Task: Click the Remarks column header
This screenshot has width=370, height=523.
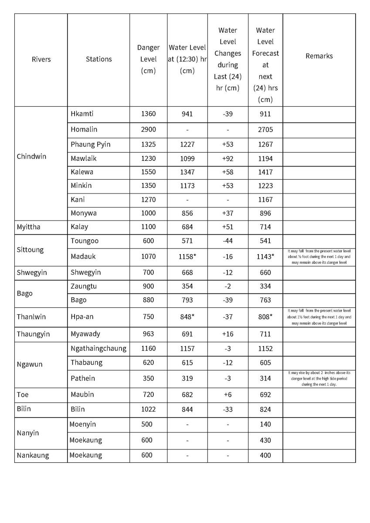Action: (319, 56)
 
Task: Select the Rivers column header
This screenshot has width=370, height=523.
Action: (41, 59)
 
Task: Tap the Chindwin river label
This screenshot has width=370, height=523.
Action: (31, 156)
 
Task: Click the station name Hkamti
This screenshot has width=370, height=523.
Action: (82, 114)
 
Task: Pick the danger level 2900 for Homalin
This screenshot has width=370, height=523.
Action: (148, 129)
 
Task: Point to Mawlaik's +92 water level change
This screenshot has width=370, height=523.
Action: (227, 159)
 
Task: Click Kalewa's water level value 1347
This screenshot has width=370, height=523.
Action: (187, 172)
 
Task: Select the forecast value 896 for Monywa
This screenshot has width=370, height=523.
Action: (265, 213)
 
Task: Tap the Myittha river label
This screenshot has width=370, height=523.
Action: (28, 227)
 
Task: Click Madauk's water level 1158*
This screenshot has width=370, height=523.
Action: (187, 256)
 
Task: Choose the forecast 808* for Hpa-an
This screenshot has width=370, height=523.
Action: (265, 317)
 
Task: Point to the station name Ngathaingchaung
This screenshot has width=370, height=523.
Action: (98, 348)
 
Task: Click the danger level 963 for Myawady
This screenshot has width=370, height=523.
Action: (148, 334)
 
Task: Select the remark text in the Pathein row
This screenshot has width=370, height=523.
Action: (319, 378)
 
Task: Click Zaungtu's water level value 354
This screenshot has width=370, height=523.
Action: (187, 286)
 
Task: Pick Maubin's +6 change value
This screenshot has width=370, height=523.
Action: (227, 394)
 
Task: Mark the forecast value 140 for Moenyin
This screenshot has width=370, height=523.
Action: (265, 424)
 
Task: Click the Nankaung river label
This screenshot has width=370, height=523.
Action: (33, 455)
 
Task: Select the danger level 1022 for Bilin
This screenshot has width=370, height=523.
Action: (148, 409)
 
